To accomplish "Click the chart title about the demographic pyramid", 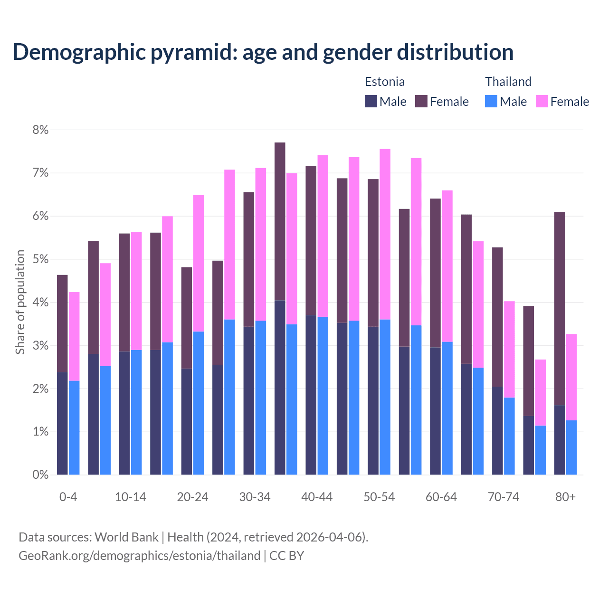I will pos(263,52).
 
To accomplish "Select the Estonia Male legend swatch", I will pos(371,101).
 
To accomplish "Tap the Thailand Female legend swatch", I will pos(542,101).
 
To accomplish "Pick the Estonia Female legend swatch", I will pos(421,101).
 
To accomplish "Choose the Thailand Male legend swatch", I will pos(491,101).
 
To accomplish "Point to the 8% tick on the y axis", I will pos(40,130).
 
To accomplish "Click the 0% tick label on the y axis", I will pos(40,475).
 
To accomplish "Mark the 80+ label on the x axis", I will pos(565,497).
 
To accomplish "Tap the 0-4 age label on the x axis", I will pos(68,497).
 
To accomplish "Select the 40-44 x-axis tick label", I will pos(317,497).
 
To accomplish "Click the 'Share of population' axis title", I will pos(20,302).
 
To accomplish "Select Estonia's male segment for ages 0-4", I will pos(62,423).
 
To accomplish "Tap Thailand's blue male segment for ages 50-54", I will pos(385,397).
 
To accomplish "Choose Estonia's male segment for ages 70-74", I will pos(497,430).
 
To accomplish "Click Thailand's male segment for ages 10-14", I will pos(136,412).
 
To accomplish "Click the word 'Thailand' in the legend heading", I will pos(508,82).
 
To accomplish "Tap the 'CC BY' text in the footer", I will pos(286,555).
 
